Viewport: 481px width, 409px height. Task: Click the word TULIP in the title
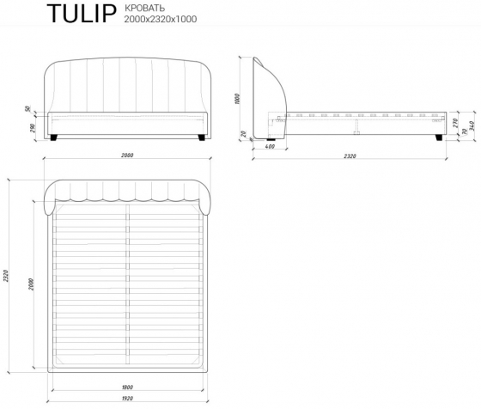[x=82, y=14]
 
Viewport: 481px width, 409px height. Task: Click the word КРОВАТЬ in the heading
[x=144, y=8]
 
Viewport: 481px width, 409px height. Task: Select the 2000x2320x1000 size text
[x=161, y=19]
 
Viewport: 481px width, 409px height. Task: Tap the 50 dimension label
[x=28, y=108]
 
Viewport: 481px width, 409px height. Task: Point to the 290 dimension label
[x=33, y=128]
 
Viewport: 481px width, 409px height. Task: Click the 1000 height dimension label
[x=237, y=99]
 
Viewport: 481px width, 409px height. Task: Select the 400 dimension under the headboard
[x=270, y=147]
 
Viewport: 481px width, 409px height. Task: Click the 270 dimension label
[x=455, y=123]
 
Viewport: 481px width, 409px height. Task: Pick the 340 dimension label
[x=472, y=125]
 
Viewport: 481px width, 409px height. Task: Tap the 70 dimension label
[x=465, y=132]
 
